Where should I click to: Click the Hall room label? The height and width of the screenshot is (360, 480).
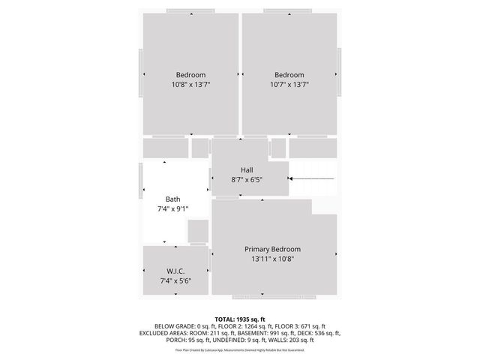pyautogui.click(x=247, y=170)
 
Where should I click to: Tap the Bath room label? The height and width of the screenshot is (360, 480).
pyautogui.click(x=172, y=199)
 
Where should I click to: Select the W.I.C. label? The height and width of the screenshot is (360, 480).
pyautogui.click(x=175, y=271)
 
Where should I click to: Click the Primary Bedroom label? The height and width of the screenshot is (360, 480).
pyautogui.click(x=272, y=249)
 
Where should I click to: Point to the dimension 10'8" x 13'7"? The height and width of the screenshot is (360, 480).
pyautogui.click(x=190, y=85)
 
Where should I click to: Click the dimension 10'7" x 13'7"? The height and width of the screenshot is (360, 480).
pyautogui.click(x=289, y=85)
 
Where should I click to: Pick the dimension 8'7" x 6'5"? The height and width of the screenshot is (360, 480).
pyautogui.click(x=247, y=180)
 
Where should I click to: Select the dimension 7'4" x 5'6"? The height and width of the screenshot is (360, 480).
pyautogui.click(x=175, y=280)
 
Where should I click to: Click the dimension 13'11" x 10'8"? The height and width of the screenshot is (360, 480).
pyautogui.click(x=272, y=259)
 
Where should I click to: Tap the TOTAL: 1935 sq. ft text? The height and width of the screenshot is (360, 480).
pyautogui.click(x=240, y=319)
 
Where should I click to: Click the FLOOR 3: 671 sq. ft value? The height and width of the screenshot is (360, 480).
pyautogui.click(x=303, y=326)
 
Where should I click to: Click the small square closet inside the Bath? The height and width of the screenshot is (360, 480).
pyautogui.click(x=198, y=231)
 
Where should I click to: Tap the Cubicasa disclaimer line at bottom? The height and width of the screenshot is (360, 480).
pyautogui.click(x=240, y=349)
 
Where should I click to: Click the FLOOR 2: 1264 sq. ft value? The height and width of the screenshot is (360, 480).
pyautogui.click(x=248, y=326)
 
